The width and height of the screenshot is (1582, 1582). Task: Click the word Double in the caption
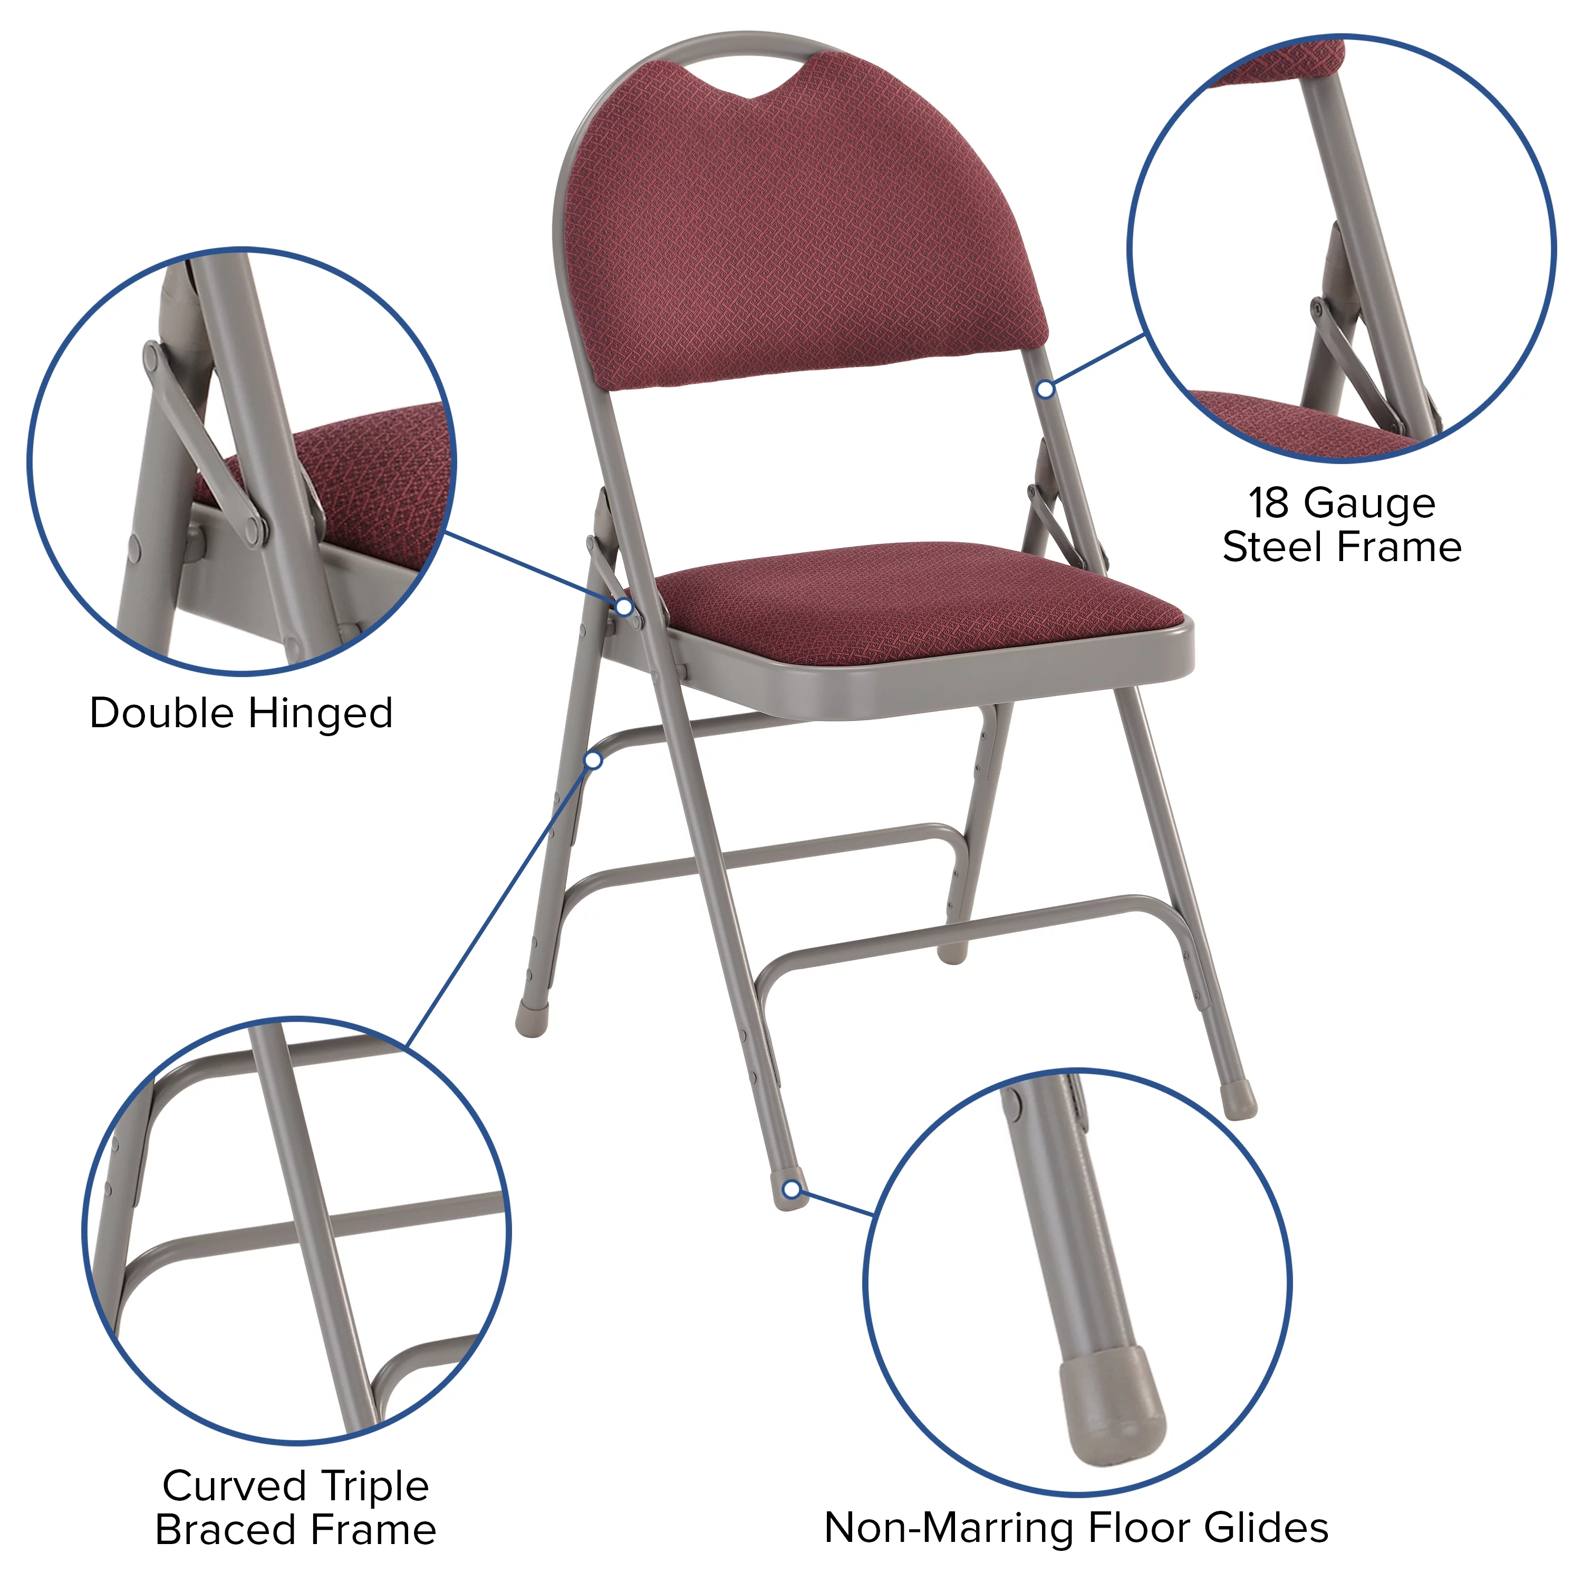pyautogui.click(x=164, y=713)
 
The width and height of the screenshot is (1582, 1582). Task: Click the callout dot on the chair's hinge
pyautogui.click(x=624, y=607)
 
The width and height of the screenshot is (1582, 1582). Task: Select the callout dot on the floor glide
pyautogui.click(x=791, y=1190)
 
